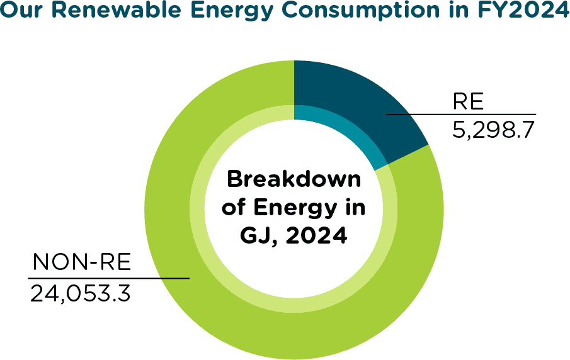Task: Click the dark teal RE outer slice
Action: pyautogui.click(x=353, y=94)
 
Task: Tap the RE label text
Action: pyautogui.click(x=467, y=103)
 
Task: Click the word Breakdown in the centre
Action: pyautogui.click(x=294, y=179)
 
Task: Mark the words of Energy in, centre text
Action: pyautogui.click(x=294, y=208)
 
